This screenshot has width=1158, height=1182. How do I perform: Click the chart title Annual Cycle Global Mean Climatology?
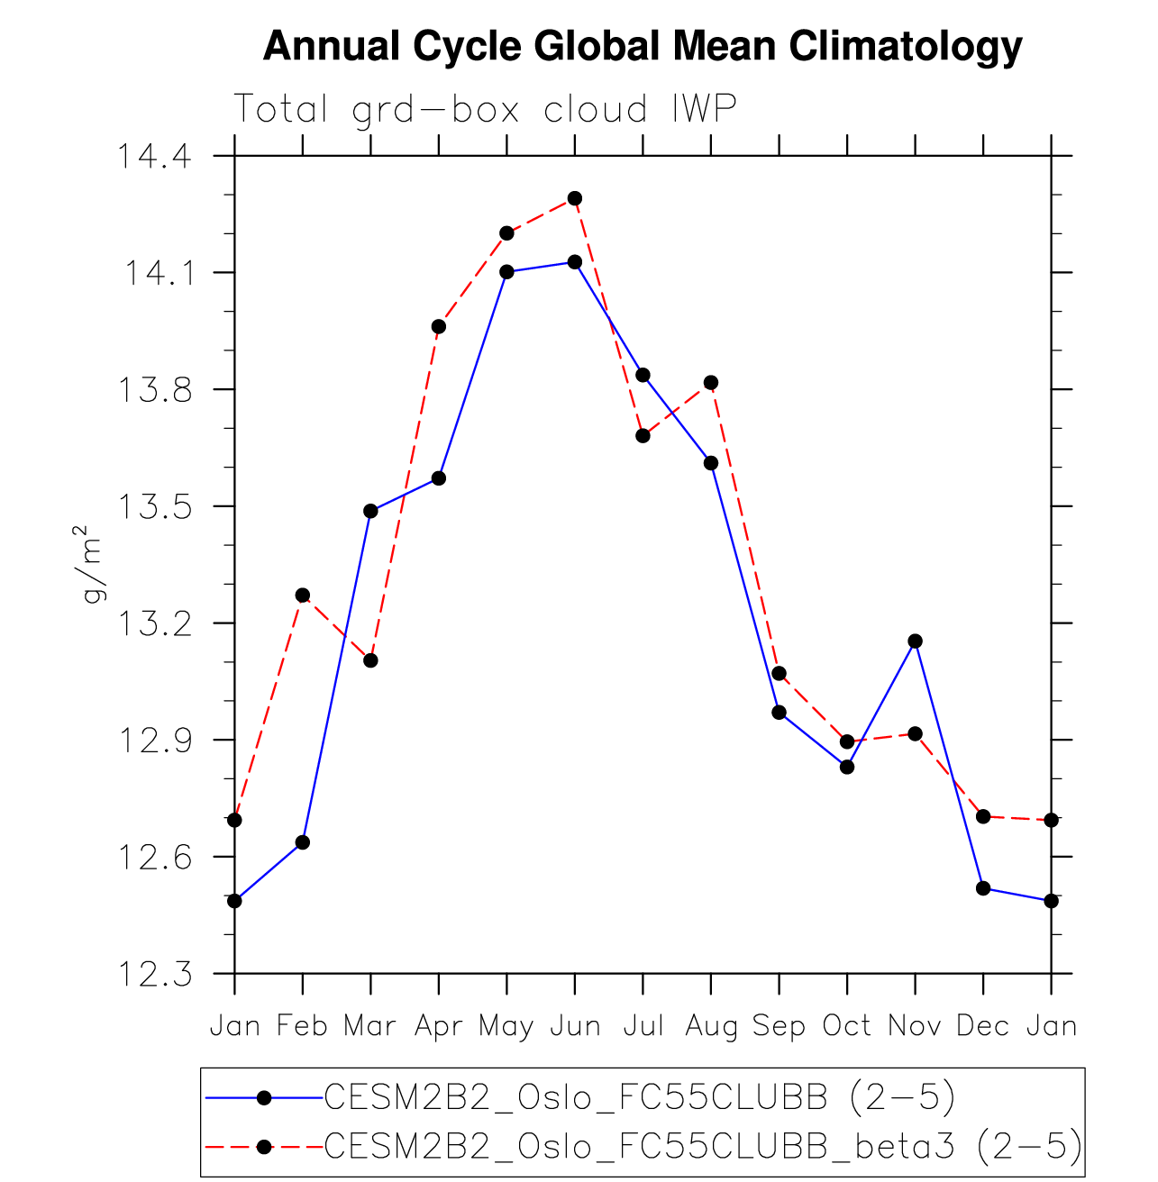[x=642, y=46]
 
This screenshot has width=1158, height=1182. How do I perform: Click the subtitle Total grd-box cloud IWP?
[x=485, y=109]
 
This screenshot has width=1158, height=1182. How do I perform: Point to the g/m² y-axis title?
[x=93, y=564]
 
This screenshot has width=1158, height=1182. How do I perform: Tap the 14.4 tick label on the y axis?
[x=151, y=157]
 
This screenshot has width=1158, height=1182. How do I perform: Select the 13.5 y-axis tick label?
[x=151, y=506]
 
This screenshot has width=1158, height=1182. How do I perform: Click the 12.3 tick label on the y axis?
[x=151, y=974]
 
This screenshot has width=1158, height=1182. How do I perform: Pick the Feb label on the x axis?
[x=302, y=1025]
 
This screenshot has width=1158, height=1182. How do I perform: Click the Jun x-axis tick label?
[x=575, y=1025]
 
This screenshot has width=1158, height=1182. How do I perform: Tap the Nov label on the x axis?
[x=915, y=1025]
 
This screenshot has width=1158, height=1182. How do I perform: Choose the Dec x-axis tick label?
[x=982, y=1025]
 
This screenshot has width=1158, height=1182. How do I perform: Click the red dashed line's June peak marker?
[x=575, y=198]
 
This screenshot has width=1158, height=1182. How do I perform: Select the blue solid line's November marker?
[x=915, y=641]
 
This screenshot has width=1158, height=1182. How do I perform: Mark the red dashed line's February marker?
[x=303, y=596]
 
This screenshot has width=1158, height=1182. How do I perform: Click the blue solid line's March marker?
[x=370, y=511]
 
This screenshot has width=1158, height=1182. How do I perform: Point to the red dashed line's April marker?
[x=439, y=326]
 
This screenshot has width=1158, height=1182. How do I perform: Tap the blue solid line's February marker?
[x=303, y=842]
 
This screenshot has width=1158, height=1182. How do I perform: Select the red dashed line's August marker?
[x=711, y=382]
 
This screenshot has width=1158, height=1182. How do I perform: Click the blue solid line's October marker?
[x=847, y=767]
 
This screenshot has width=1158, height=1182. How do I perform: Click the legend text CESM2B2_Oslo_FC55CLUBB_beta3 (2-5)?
[x=703, y=1146]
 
